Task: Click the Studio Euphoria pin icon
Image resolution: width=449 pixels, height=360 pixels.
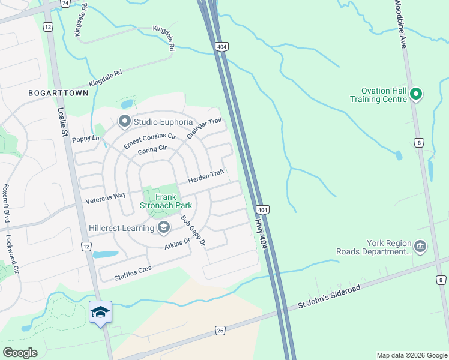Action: pyautogui.click(x=125, y=122)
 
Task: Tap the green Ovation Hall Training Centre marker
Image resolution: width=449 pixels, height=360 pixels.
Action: pyautogui.click(x=416, y=94)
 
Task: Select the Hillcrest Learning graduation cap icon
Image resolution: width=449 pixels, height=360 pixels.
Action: pyautogui.click(x=163, y=227)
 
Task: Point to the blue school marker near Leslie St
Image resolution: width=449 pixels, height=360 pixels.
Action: pyautogui.click(x=101, y=313)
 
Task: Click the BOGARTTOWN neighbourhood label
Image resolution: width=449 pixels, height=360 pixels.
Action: pyautogui.click(x=58, y=93)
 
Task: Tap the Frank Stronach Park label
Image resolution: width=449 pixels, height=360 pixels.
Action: pyautogui.click(x=157, y=201)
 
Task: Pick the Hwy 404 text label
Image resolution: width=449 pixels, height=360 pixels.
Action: pyautogui.click(x=259, y=233)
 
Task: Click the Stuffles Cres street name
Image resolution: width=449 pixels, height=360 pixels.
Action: pyautogui.click(x=133, y=274)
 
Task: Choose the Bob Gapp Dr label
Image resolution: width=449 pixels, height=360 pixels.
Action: pyautogui.click(x=194, y=231)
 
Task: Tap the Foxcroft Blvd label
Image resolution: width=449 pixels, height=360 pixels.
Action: pyautogui.click(x=6, y=203)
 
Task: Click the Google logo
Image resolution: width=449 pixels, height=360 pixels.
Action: pyautogui.click(x=20, y=353)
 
